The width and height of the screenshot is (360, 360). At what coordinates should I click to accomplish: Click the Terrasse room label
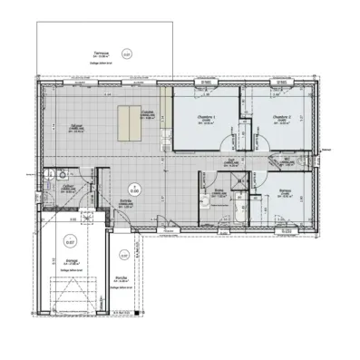click(88, 54)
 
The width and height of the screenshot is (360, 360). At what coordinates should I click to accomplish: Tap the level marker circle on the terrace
click(126, 55)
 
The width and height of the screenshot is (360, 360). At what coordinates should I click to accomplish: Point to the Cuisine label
click(147, 112)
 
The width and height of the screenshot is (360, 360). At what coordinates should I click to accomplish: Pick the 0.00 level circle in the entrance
click(133, 190)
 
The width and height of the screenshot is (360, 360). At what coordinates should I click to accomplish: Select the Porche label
click(121, 277)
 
